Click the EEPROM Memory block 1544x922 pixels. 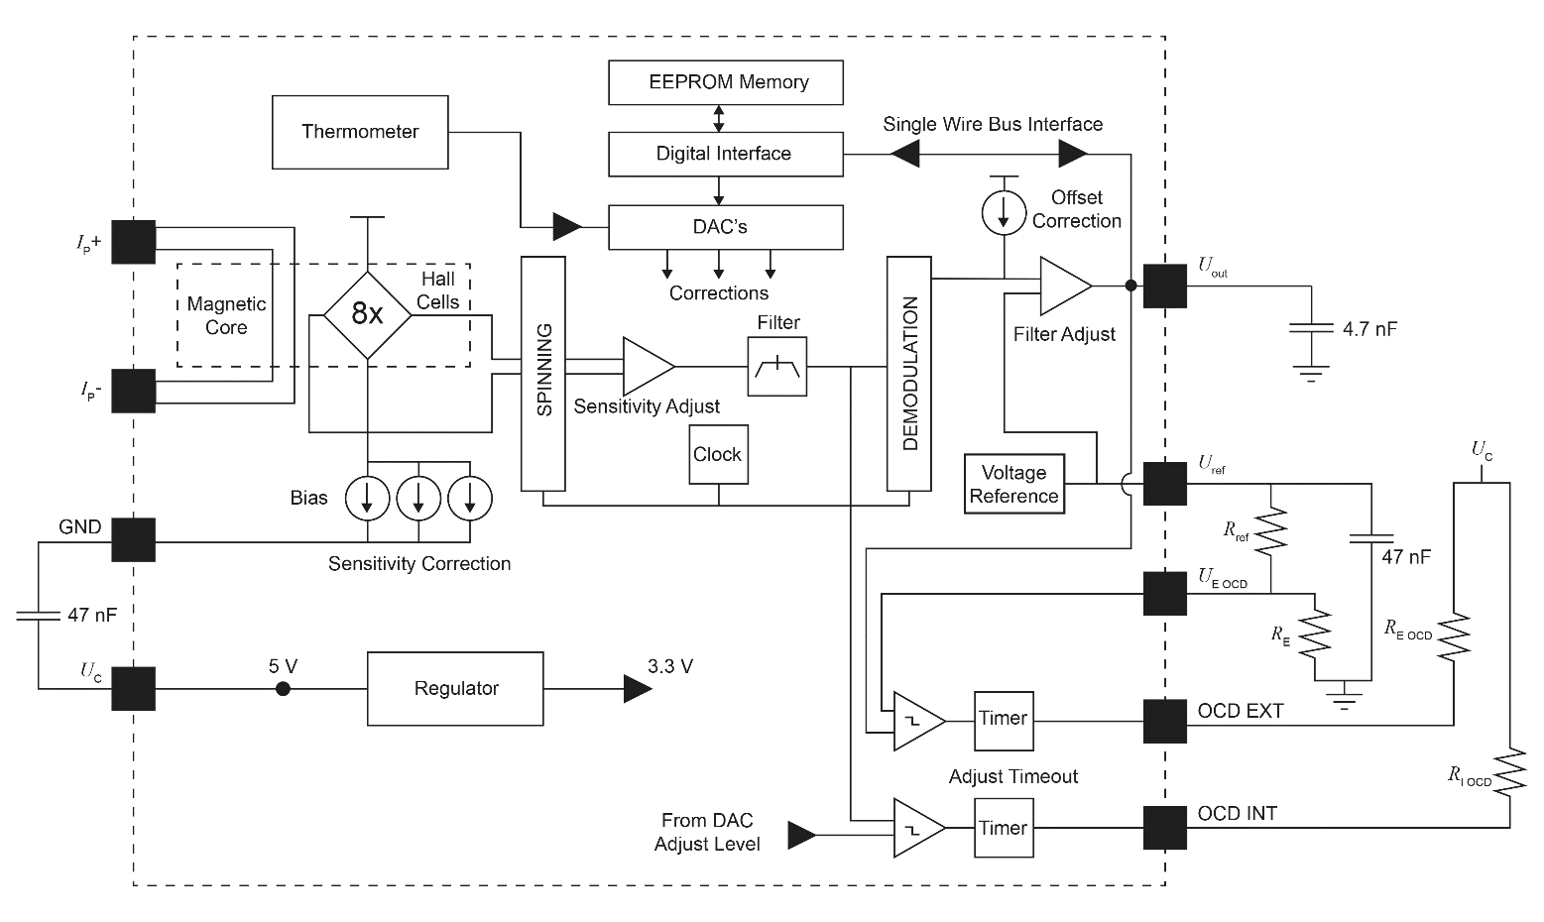pyautogui.click(x=725, y=82)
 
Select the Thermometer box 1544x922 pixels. pyautogui.click(x=360, y=132)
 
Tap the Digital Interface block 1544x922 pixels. pyautogui.click(x=725, y=154)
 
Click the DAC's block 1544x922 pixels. pyautogui.click(x=725, y=227)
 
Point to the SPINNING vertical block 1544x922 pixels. pyautogui.click(x=543, y=373)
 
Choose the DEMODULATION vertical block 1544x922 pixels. pyautogui.click(x=909, y=373)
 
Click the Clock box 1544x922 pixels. pyautogui.click(x=718, y=454)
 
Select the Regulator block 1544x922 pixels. pyautogui.click(x=455, y=688)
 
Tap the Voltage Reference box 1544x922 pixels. pyautogui.click(x=1013, y=484)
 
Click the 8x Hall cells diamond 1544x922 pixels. pyautogui.click(x=367, y=315)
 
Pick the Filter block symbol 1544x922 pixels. pyautogui.click(x=777, y=366)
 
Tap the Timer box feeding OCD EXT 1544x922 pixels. pyautogui.click(x=1004, y=719)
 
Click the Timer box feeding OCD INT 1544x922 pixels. pyautogui.click(x=1004, y=829)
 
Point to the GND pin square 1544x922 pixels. pyautogui.click(x=133, y=540)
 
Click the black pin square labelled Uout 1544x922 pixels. pyautogui.click(x=1165, y=286)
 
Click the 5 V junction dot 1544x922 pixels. pyautogui.click(x=283, y=688)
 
